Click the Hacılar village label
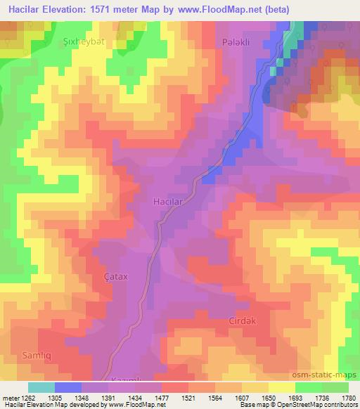pos(169,202)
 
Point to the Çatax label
pos(115,277)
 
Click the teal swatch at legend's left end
pos(41,387)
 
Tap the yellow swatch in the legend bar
pos(281,387)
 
